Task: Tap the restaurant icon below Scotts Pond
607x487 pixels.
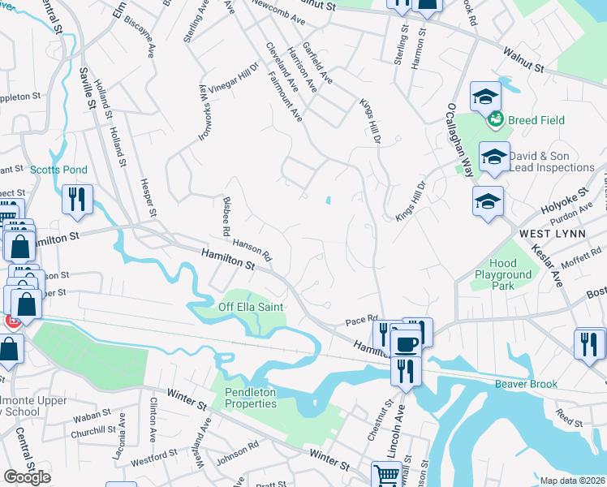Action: point(77,199)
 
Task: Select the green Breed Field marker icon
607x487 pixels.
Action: point(495,120)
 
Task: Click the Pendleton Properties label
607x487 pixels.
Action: point(251,398)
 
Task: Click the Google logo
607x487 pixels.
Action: point(27,477)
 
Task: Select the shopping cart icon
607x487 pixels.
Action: point(385,474)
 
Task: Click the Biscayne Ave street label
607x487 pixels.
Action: point(150,39)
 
